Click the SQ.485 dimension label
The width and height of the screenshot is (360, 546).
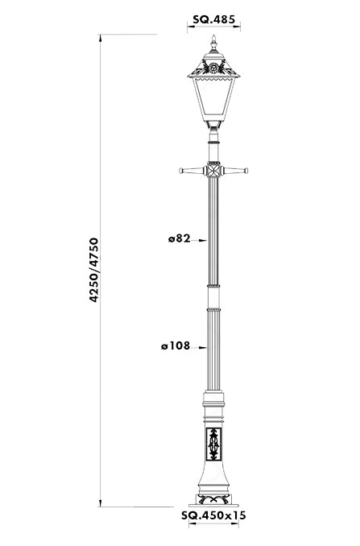(214, 19)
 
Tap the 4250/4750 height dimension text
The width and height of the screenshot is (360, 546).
(94, 270)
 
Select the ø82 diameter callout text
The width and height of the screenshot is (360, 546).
(180, 238)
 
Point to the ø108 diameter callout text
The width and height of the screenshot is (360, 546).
(176, 345)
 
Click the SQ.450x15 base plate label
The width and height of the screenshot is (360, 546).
(213, 515)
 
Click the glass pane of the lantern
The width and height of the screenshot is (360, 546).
(214, 99)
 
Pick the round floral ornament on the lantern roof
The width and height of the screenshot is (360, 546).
(213, 66)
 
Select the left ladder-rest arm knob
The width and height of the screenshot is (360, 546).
(181, 171)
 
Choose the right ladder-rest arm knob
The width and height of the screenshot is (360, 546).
(246, 171)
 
